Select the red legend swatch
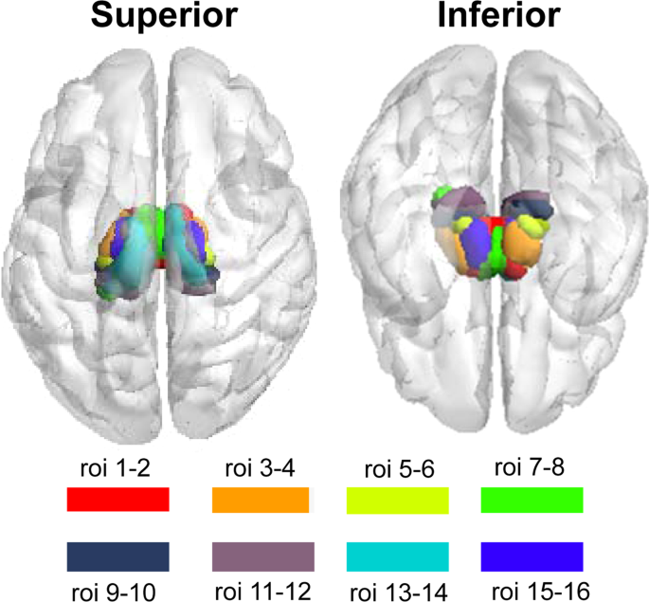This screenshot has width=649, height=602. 117,499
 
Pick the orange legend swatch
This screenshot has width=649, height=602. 261,499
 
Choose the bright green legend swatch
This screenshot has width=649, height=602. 532,499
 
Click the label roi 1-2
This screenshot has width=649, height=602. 117,467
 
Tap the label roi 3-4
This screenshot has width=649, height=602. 259,467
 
